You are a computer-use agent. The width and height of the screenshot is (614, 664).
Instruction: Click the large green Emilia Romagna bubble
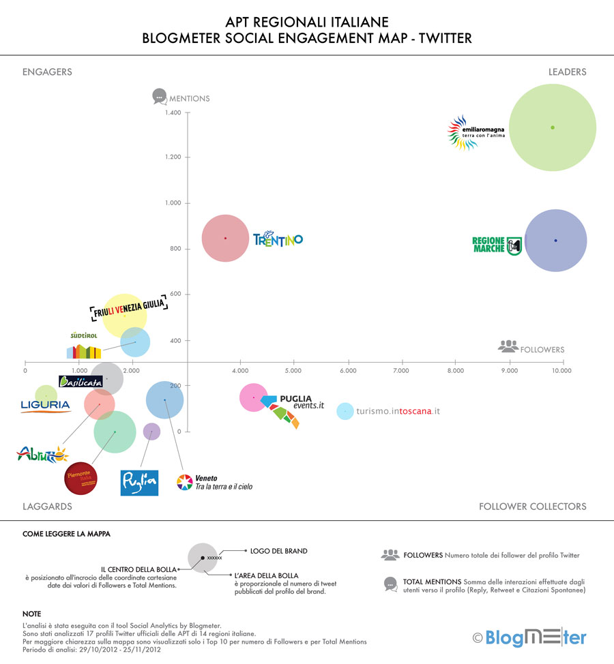point(553,127)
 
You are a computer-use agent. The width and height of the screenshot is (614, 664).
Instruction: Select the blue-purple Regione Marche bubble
point(555,240)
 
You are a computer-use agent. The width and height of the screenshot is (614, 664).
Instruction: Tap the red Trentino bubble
point(225,238)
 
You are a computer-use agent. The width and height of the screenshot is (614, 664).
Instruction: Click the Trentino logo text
point(278,239)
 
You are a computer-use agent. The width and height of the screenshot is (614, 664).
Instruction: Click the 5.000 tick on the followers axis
point(293,370)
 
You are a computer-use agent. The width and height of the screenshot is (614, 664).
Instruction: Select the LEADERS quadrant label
point(567,72)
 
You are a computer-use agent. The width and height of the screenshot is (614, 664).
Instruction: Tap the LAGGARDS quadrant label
point(47,507)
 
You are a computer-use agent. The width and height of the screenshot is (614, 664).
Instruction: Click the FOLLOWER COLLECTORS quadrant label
point(532,507)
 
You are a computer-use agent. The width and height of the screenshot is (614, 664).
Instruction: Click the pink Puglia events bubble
point(254,397)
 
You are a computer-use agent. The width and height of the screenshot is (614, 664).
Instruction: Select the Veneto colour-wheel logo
point(185,483)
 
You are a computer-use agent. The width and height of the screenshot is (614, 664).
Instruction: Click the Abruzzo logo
point(42,453)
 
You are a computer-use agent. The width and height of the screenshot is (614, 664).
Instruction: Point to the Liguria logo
point(45,406)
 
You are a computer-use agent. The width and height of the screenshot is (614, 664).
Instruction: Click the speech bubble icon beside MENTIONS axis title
point(159,97)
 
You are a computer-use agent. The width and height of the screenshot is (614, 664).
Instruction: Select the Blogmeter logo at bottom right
point(529,638)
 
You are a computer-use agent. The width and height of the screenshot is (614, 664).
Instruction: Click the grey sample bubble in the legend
point(202,558)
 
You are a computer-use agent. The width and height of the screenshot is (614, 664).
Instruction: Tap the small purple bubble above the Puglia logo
point(151,431)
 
